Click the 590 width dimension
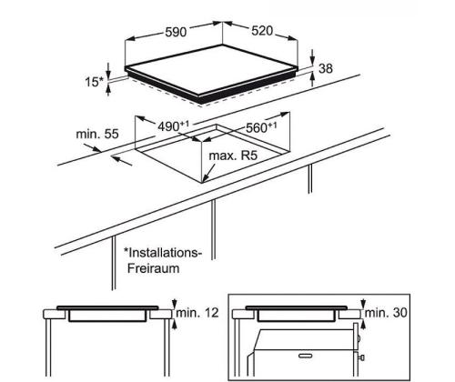(x=176, y=32)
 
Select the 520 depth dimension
(x=262, y=31)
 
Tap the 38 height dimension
(x=326, y=68)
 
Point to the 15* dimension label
(x=94, y=82)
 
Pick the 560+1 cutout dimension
(x=261, y=127)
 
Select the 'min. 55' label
(x=97, y=134)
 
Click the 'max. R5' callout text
(x=233, y=156)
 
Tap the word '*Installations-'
(x=163, y=252)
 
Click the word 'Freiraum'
(x=154, y=268)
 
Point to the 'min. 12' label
(x=197, y=313)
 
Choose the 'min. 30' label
(x=386, y=313)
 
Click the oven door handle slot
(x=307, y=356)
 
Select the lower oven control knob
(x=361, y=357)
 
